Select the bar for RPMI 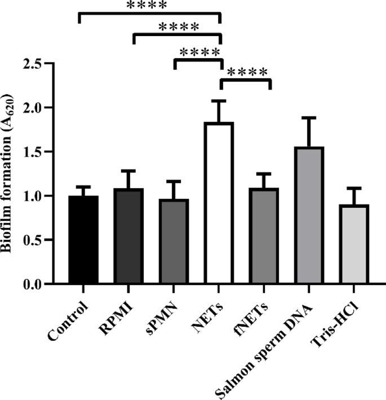pyautogui.click(x=128, y=236)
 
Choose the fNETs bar pyautogui.click(x=265, y=236)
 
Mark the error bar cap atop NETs pyautogui.click(x=220, y=101)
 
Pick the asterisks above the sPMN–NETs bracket pyautogui.click(x=199, y=52)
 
